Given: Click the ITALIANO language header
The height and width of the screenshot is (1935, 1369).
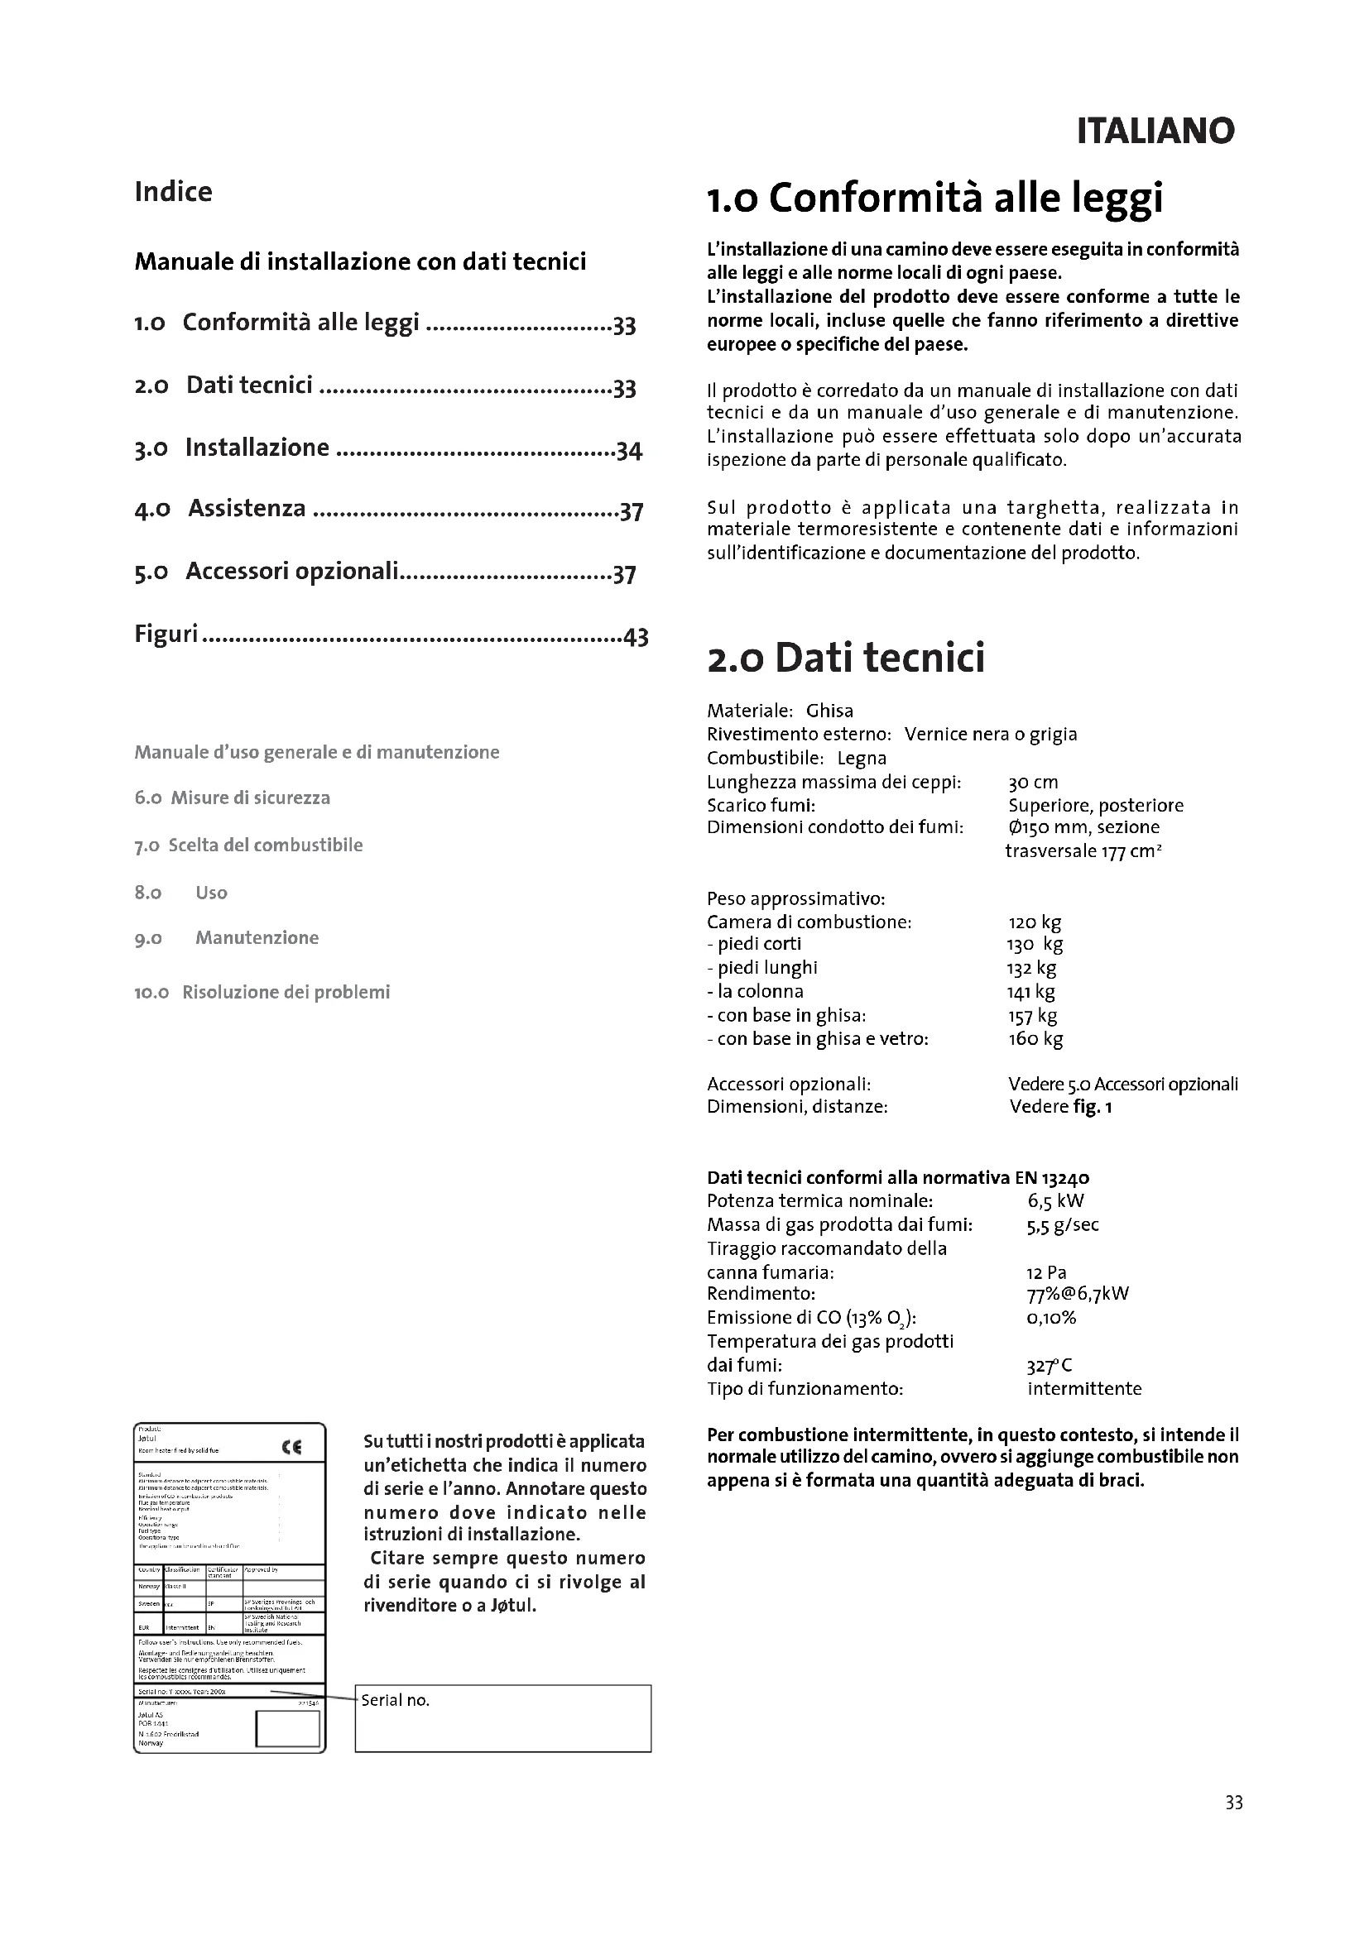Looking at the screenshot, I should click(1155, 131).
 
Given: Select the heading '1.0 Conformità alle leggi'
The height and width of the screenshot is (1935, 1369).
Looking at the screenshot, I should click(934, 198).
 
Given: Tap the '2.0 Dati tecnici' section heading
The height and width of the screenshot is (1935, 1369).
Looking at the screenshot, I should click(846, 658).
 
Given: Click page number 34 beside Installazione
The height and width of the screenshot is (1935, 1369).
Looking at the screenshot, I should click(629, 451).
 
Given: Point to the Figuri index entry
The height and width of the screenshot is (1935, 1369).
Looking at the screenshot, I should click(166, 634).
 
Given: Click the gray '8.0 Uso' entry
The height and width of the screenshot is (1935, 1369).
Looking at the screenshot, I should click(211, 893).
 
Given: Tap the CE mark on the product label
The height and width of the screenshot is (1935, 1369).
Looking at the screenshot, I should click(291, 1447).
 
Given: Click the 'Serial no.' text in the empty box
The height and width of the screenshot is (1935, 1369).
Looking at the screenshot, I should click(396, 1700).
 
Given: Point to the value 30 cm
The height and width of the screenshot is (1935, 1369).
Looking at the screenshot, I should click(1033, 782).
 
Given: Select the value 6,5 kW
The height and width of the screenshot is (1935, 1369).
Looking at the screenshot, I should click(1055, 1201).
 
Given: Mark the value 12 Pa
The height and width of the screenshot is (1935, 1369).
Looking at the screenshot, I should click(1046, 1272).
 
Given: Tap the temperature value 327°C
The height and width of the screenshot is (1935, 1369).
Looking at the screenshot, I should click(1049, 1365).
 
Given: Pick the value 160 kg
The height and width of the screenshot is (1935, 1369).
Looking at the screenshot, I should click(1035, 1039).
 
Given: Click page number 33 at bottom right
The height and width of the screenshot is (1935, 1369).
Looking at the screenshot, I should click(1233, 1803).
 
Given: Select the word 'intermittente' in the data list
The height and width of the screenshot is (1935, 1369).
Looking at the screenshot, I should click(1084, 1389).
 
